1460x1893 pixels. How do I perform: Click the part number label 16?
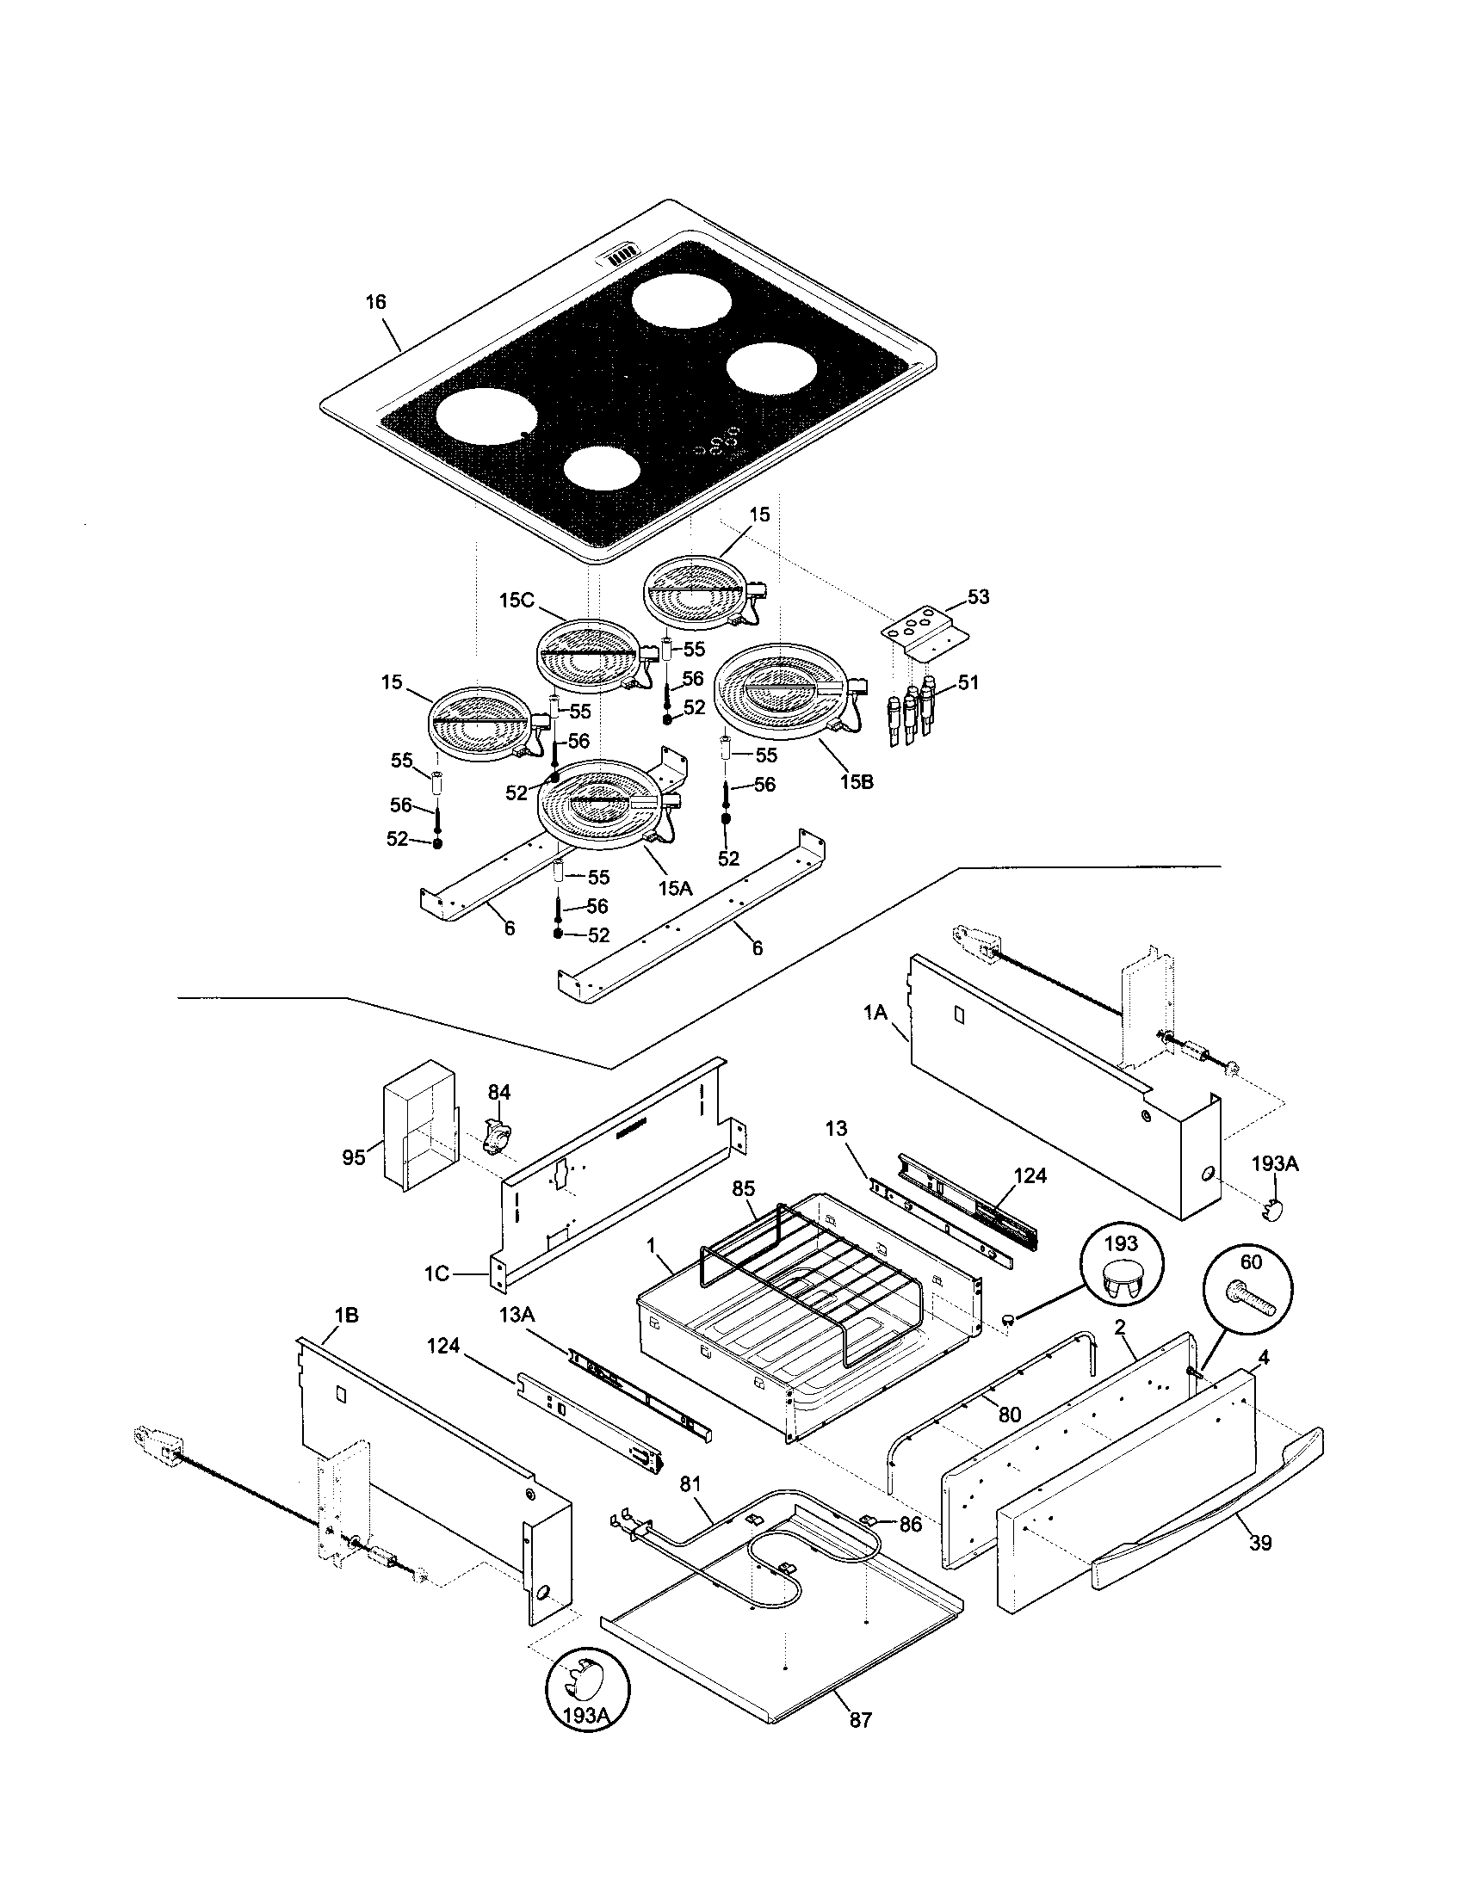click(x=375, y=303)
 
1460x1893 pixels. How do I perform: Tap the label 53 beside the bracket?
click(x=978, y=597)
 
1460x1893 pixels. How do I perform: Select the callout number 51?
click(x=968, y=683)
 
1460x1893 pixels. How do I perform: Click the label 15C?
click(x=517, y=600)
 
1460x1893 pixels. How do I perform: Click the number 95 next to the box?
click(x=354, y=1157)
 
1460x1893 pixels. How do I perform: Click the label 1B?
click(x=346, y=1316)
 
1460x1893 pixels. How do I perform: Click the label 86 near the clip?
click(x=909, y=1524)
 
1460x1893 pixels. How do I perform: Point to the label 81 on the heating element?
click(x=690, y=1484)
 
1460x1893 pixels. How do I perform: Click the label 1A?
click(x=875, y=1012)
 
